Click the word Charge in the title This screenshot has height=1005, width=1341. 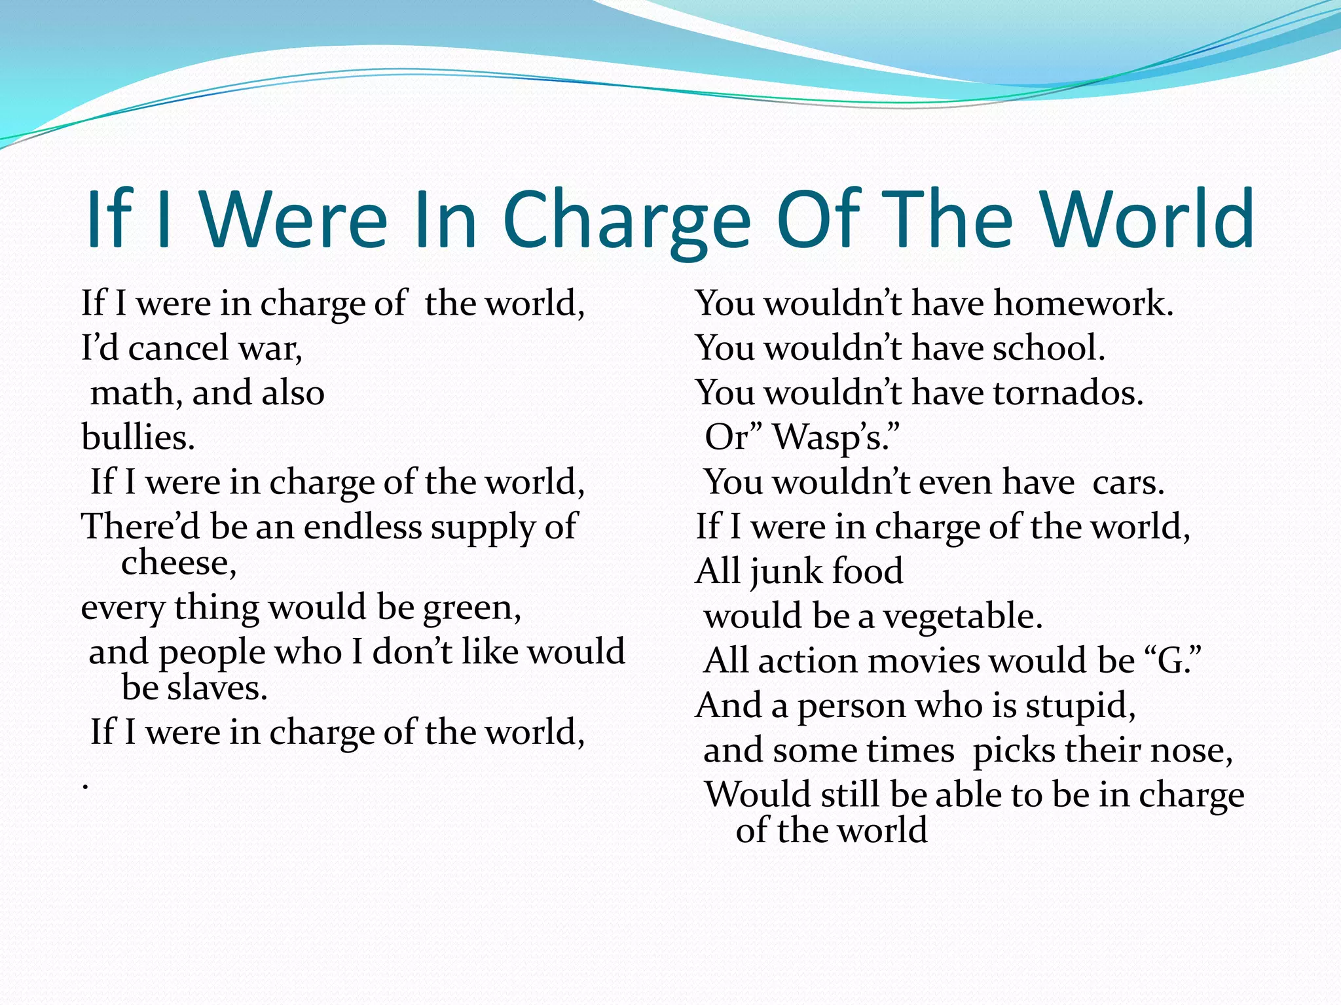point(627,220)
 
